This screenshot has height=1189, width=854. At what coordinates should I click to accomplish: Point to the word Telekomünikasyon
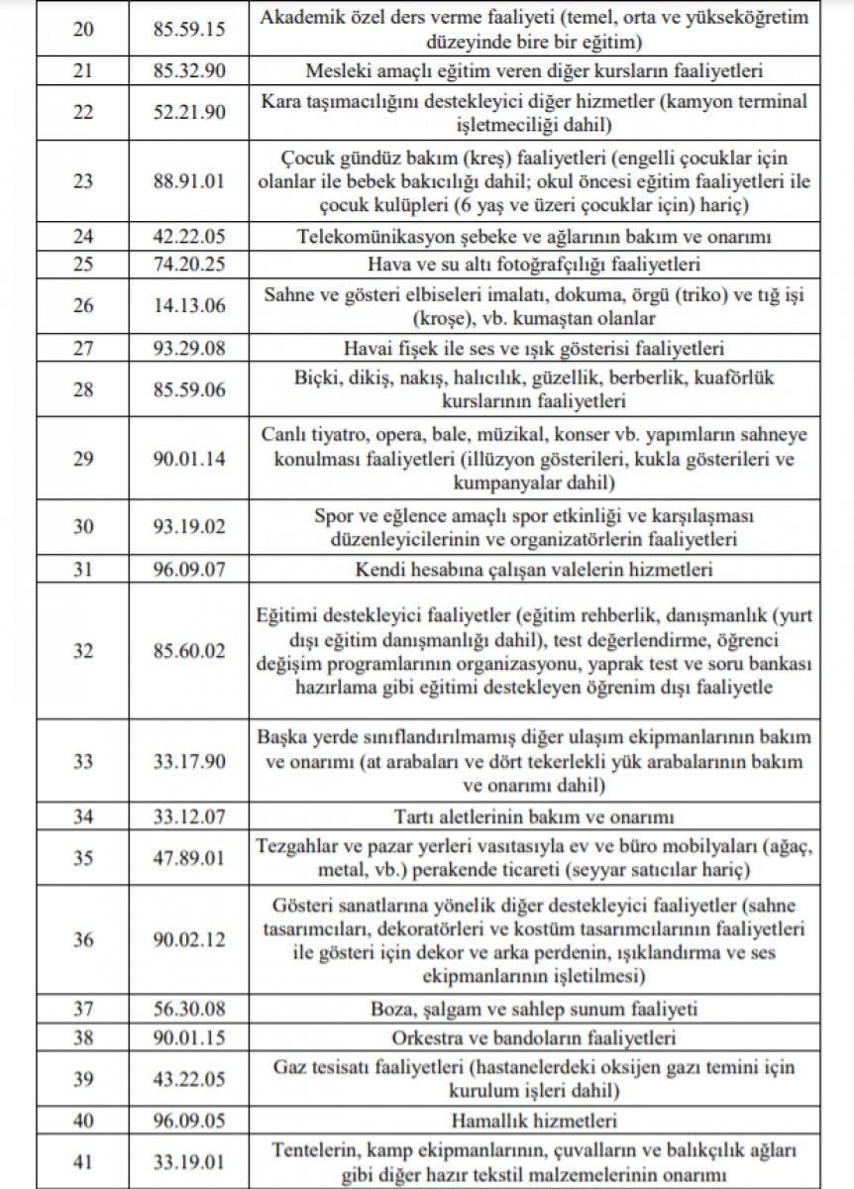click(x=361, y=237)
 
